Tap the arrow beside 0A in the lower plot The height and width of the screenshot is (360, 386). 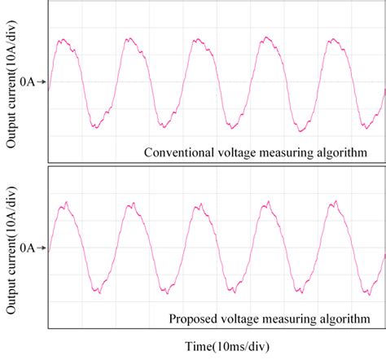[x=42, y=247]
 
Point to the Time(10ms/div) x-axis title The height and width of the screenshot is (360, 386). [x=216, y=346]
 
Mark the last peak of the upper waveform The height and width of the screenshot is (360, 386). [x=334, y=39]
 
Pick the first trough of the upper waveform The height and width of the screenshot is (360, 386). [x=96, y=127]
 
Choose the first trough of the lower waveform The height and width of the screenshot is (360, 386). [x=98, y=290]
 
